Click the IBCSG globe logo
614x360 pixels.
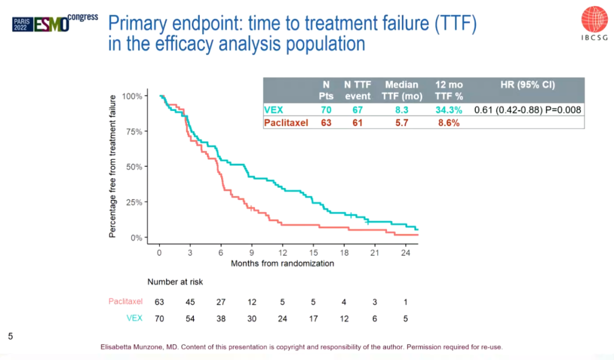[x=595, y=19]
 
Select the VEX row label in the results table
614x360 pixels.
[x=273, y=110]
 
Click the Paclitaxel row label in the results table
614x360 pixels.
[x=287, y=122]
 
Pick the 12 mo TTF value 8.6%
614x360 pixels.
[x=448, y=122]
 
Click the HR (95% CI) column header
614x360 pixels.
[x=527, y=84]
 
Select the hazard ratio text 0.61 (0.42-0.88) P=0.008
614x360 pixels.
[x=527, y=110]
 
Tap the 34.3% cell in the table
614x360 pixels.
[x=449, y=110]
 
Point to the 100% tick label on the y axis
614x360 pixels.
[x=132, y=96]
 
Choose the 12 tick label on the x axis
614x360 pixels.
[x=283, y=253]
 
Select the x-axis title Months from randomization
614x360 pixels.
[x=282, y=263]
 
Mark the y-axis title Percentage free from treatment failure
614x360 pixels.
[x=113, y=166]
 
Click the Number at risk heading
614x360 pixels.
[x=175, y=282]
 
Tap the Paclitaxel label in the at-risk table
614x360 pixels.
[x=126, y=302]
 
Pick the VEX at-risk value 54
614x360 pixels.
[x=190, y=318]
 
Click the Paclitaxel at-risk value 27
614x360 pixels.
[x=221, y=302]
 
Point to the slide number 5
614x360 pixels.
[x=10, y=337]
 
